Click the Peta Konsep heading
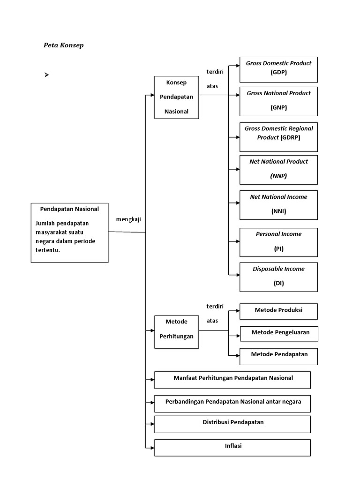tap(63, 45)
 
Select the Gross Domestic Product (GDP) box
tap(278, 69)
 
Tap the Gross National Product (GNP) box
tap(278, 101)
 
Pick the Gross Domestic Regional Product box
tap(278, 137)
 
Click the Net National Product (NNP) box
tap(278, 170)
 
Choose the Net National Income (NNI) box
tap(278, 205)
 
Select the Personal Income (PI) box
tap(278, 242)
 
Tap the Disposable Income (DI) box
tap(278, 277)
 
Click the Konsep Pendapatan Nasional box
tap(177, 97)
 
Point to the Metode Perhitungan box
tap(177, 332)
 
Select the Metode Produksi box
tap(278, 311)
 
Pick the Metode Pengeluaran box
tap(279, 334)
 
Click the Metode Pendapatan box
tap(278, 356)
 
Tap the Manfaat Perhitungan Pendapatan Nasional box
tap(232, 380)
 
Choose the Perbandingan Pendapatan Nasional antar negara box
tap(232, 404)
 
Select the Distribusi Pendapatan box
tap(232, 424)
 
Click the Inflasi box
tap(232, 448)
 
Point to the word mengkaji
tap(128, 219)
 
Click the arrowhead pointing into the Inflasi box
tap(152, 448)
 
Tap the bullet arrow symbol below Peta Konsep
tap(46, 75)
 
